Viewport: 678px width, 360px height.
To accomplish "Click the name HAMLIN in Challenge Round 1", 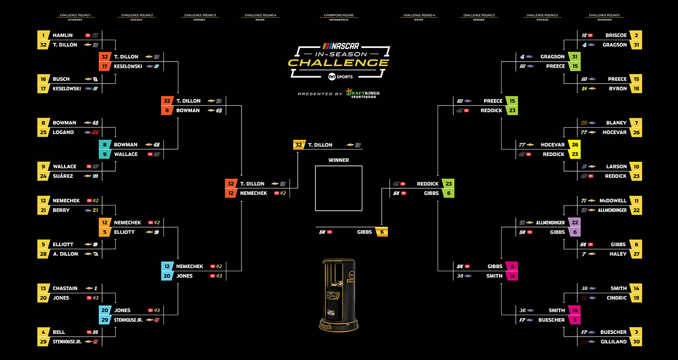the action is [x=63, y=35].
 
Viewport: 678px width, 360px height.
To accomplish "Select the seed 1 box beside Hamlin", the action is [x=43, y=35].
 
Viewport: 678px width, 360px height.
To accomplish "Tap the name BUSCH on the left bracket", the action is [x=61, y=79].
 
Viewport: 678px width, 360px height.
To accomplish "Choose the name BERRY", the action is [x=61, y=210].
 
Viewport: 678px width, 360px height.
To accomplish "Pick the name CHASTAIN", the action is [x=65, y=289].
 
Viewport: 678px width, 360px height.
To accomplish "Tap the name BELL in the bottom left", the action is [x=59, y=332].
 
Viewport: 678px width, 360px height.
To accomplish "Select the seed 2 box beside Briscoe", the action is [x=636, y=35].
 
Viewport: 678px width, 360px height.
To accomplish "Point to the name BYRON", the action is [x=618, y=89].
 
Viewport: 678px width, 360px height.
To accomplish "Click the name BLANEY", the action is [x=616, y=123].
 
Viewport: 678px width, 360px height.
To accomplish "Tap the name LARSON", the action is [x=616, y=167].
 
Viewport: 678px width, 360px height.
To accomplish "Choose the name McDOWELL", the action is [x=613, y=201].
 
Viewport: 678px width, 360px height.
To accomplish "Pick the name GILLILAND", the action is [x=613, y=342].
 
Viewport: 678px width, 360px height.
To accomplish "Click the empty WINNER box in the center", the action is [x=338, y=188].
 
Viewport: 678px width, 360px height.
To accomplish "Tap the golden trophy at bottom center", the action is [x=338, y=295].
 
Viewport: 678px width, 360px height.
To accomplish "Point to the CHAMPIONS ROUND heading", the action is [x=338, y=16].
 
